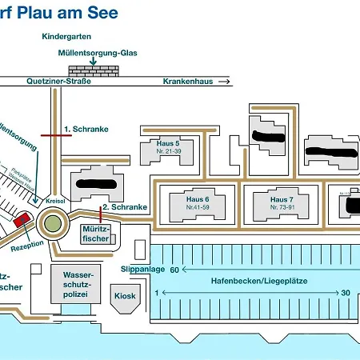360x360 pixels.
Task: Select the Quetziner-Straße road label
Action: pyautogui.click(x=58, y=82)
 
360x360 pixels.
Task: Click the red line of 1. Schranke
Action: pyautogui.click(x=55, y=135)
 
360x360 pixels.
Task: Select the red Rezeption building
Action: pyautogui.click(x=21, y=219)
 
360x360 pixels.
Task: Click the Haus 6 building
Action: pyautogui.click(x=197, y=202)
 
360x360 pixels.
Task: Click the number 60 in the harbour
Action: pyautogui.click(x=174, y=270)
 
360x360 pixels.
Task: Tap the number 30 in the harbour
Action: pyautogui.click(x=346, y=293)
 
